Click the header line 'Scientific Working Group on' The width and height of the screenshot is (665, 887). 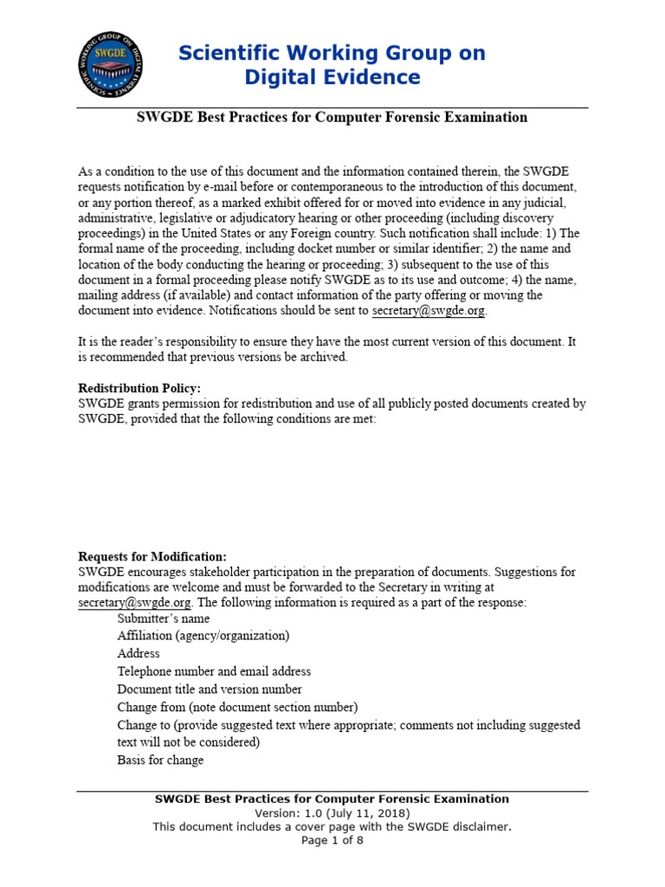point(332,53)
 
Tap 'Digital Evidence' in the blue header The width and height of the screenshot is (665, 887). point(332,78)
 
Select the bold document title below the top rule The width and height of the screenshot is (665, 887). point(332,117)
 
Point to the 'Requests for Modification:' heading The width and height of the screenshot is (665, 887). point(152,556)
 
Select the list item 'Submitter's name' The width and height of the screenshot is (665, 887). point(164,618)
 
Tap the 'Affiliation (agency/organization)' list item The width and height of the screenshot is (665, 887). point(203,636)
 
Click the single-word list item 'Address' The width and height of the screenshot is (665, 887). point(139,654)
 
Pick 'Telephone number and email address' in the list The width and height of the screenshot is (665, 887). point(214,671)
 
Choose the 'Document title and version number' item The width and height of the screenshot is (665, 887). point(210,690)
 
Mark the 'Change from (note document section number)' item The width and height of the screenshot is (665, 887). point(237,707)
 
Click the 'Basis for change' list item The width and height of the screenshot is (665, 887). point(160,761)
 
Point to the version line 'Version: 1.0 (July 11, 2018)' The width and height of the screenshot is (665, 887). point(332,813)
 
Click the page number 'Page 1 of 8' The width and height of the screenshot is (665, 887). point(332,840)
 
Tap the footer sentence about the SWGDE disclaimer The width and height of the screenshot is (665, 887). point(332,826)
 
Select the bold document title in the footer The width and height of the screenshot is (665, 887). point(332,800)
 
